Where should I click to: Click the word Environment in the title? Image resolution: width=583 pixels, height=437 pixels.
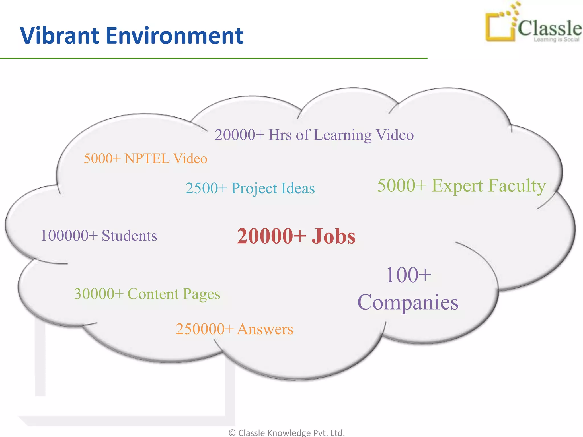point(175,36)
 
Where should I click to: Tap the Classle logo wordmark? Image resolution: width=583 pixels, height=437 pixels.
point(549,28)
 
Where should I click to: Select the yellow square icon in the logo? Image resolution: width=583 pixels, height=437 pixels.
point(500,27)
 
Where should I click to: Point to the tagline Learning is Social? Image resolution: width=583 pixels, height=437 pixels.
point(556,40)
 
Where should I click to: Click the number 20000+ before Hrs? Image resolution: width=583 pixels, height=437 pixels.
point(240,135)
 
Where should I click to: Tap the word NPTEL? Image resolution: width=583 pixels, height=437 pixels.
point(147,158)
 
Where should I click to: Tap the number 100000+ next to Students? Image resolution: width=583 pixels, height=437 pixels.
point(69,236)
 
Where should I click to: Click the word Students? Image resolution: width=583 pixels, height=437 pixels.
point(129,236)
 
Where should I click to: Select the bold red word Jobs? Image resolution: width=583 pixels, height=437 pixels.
point(333,236)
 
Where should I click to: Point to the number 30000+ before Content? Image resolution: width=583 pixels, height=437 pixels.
point(99,294)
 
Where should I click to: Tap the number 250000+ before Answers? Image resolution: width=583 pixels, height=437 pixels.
point(205,329)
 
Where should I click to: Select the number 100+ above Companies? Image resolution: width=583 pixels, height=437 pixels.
point(408,275)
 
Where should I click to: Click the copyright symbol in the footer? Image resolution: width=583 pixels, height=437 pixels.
point(232,433)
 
